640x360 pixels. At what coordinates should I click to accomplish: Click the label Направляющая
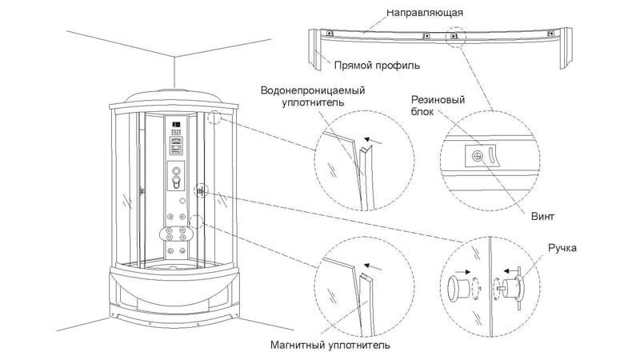(425, 14)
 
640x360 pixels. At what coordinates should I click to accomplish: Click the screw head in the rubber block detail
(478, 157)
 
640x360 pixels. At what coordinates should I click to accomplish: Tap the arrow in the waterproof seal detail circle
(380, 139)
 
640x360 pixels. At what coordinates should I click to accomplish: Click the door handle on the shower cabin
(199, 191)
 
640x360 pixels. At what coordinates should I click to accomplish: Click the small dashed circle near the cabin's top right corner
(214, 119)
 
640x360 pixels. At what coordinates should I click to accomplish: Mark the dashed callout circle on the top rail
(454, 36)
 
